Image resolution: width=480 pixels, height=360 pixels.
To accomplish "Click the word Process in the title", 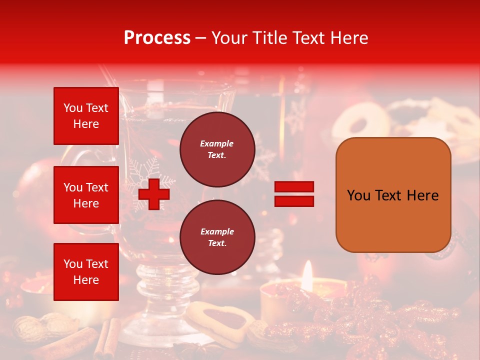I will (157, 38).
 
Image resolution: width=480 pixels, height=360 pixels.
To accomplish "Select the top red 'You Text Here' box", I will (86, 116).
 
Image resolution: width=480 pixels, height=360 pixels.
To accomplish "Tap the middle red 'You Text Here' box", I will (86, 195).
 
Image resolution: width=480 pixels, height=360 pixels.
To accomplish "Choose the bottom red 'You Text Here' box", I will (86, 271).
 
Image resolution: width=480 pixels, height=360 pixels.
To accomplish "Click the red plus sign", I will (154, 194).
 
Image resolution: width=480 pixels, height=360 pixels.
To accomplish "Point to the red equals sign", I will (294, 194).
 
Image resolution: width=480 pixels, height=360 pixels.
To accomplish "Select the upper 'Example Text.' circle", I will (217, 149).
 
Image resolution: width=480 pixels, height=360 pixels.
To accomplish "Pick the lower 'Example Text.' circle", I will (217, 237).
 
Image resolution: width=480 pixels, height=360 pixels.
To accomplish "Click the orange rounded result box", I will (393, 194).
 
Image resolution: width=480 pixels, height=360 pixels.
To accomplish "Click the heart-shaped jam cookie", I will (220, 320).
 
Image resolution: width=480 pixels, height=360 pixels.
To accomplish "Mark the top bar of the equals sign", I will (294, 187).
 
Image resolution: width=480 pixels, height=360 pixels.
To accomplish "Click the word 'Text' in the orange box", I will (392, 195).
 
